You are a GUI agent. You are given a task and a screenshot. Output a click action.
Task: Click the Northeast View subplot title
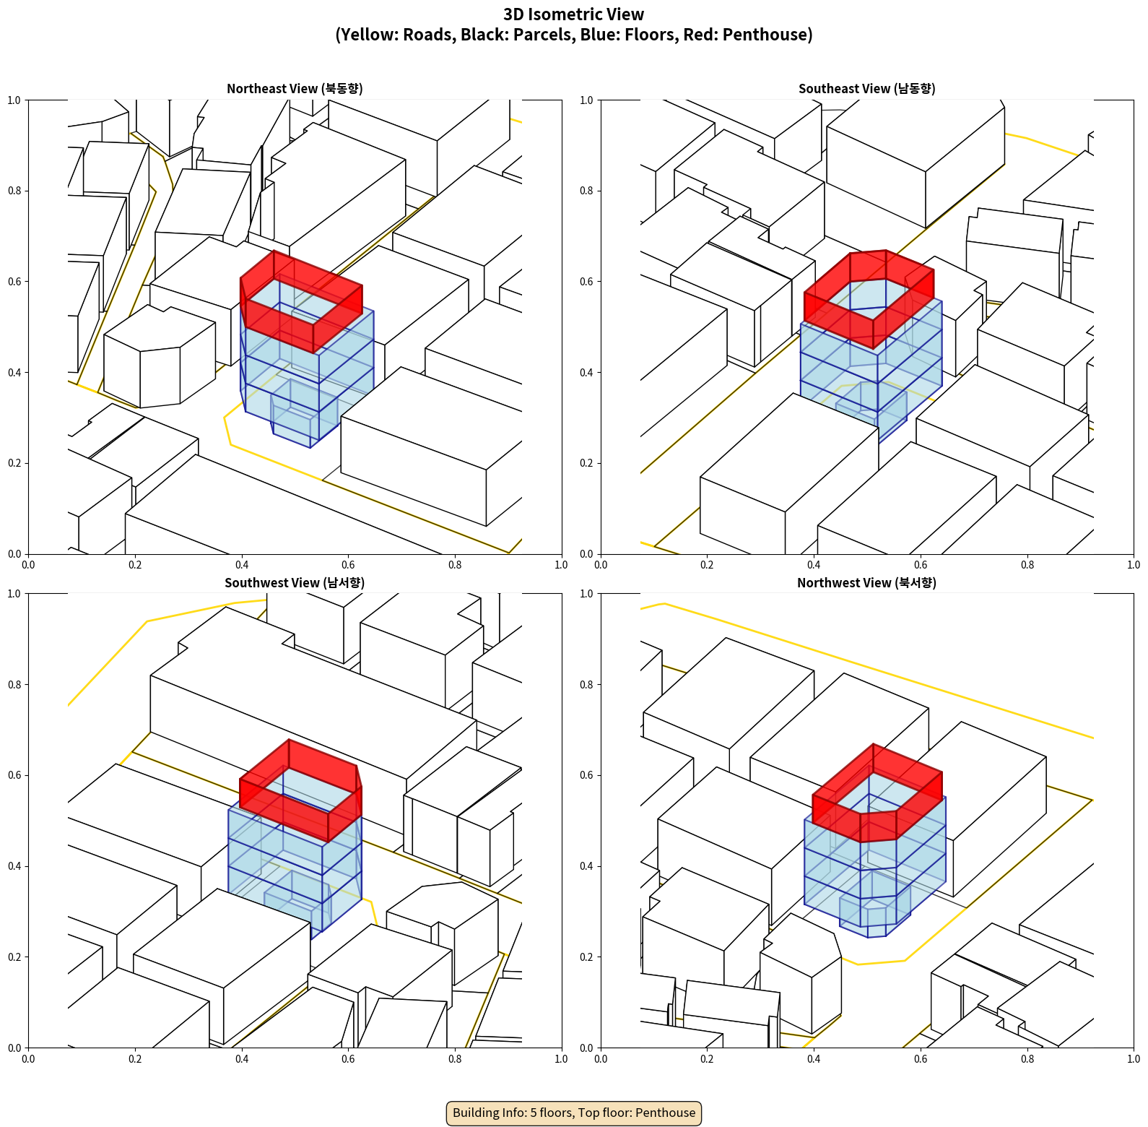(x=295, y=89)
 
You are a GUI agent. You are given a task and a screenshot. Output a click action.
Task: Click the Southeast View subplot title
(x=866, y=89)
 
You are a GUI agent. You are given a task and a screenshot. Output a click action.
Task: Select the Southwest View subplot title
(x=295, y=583)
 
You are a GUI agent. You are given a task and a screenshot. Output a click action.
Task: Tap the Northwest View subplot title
(x=866, y=583)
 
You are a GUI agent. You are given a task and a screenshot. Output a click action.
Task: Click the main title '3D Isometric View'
(x=573, y=14)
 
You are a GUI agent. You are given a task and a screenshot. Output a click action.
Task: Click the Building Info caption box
(x=574, y=1113)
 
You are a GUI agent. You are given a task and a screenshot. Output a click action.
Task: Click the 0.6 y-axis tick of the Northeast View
(x=14, y=282)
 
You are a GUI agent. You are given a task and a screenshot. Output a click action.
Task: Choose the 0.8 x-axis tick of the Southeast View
(x=1027, y=565)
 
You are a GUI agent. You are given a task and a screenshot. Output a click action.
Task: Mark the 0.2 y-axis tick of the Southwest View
(x=14, y=957)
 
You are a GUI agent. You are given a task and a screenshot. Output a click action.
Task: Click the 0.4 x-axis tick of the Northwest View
(x=814, y=1059)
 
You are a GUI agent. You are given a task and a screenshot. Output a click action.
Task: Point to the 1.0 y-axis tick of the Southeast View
(x=586, y=100)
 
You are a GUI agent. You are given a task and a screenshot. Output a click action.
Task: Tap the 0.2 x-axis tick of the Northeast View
(x=135, y=565)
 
